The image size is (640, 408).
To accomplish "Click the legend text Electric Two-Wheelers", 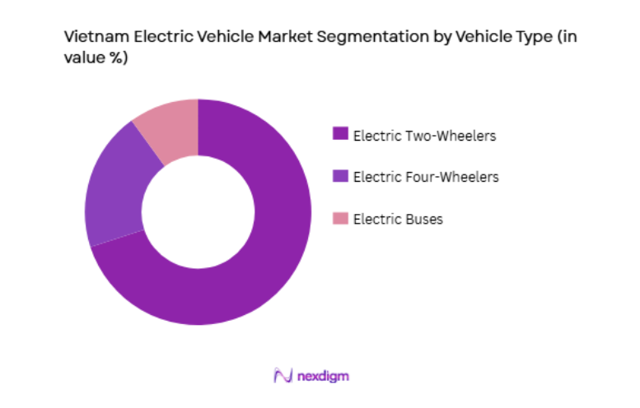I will click(424, 136).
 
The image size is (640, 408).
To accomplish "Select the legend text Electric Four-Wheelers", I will click(425, 177).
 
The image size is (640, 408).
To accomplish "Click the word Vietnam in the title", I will click(93, 37).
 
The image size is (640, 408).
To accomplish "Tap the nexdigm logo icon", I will click(283, 376).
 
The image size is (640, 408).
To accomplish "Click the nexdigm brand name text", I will click(324, 376).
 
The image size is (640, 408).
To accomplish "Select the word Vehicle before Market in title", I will click(220, 37).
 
